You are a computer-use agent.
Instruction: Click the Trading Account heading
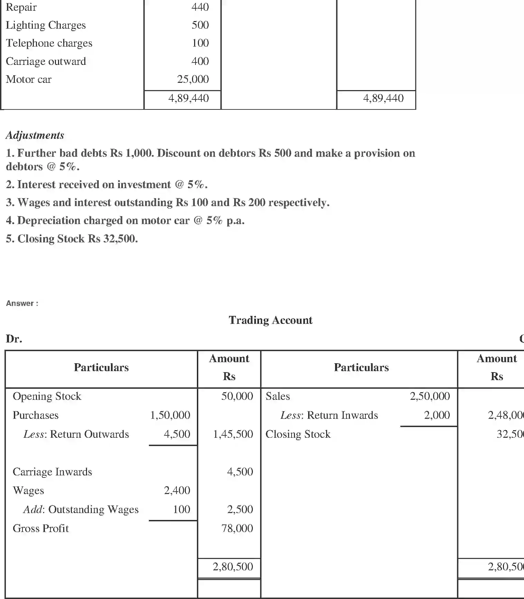click(270, 320)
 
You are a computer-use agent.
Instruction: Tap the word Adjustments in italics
click(35, 135)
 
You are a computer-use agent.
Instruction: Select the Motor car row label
click(29, 79)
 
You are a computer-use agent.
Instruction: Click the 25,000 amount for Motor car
click(193, 79)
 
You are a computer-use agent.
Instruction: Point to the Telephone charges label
click(49, 43)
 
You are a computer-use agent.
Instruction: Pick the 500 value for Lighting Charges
click(200, 25)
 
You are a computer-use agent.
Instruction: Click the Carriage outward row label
click(46, 61)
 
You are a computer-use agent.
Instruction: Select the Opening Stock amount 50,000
click(237, 396)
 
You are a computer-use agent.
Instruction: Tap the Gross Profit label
click(41, 528)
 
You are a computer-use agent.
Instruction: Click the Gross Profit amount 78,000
click(237, 528)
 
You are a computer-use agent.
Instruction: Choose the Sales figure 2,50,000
click(430, 396)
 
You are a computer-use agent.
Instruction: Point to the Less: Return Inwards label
click(329, 415)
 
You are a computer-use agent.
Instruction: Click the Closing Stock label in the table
click(298, 434)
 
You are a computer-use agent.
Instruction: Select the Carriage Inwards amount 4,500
click(240, 472)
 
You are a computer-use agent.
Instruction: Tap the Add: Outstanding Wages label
click(81, 509)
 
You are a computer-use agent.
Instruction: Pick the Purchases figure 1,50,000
click(170, 415)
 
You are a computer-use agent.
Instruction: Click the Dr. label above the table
click(14, 339)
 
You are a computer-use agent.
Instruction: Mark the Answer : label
click(22, 303)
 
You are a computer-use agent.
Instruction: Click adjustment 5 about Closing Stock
click(72, 239)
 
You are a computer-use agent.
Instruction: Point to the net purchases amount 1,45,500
click(233, 434)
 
